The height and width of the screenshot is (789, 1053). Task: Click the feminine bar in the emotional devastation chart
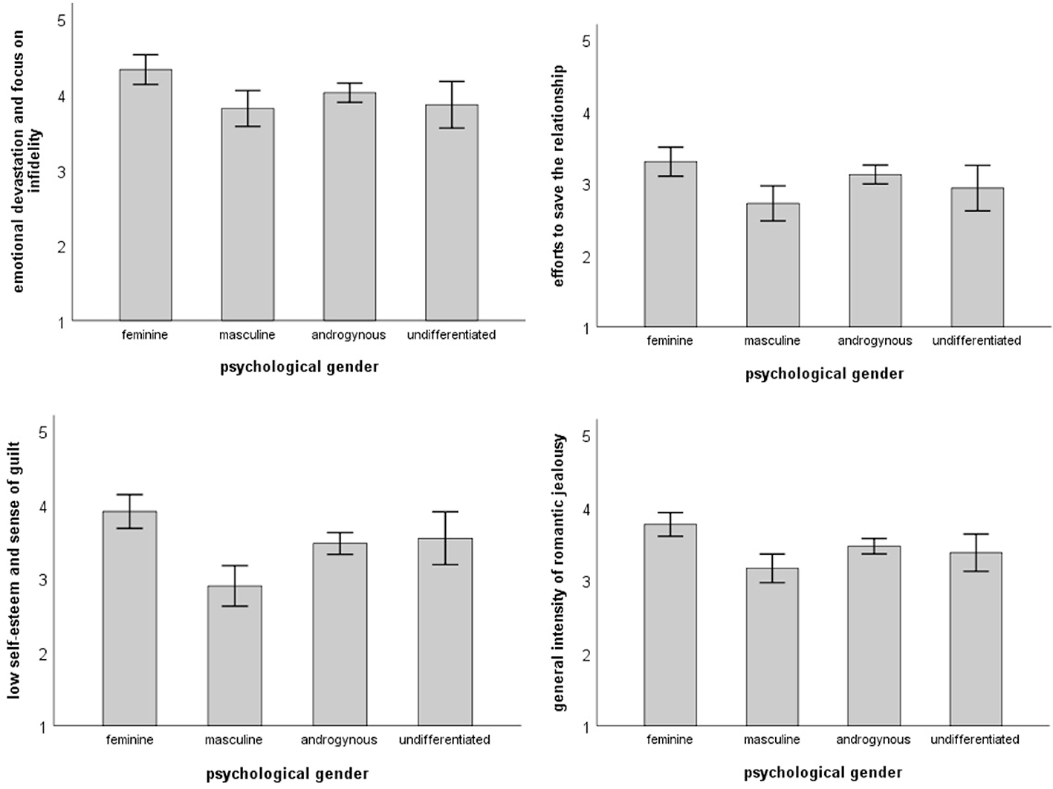(146, 195)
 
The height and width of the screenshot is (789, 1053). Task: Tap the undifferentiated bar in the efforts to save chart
(977, 258)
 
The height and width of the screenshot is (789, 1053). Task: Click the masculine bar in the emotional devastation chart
(247, 215)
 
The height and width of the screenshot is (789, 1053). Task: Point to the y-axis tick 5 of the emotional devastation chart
(62, 20)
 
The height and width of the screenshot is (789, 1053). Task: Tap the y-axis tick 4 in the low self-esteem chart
(43, 507)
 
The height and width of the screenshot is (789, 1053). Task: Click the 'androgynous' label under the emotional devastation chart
(349, 335)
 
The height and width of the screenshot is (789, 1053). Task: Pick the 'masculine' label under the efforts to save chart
(772, 341)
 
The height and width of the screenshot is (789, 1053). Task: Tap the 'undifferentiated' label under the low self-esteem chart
(444, 740)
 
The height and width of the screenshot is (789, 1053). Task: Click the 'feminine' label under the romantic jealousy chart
(670, 740)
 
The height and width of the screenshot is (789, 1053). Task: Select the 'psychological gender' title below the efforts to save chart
(824, 374)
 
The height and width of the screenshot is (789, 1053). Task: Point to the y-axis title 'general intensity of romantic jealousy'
(560, 573)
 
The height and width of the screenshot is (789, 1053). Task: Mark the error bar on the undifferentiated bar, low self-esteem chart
(444, 538)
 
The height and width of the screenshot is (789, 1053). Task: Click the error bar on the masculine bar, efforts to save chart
(772, 204)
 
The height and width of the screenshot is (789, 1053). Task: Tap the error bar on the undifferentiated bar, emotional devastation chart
(452, 105)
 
